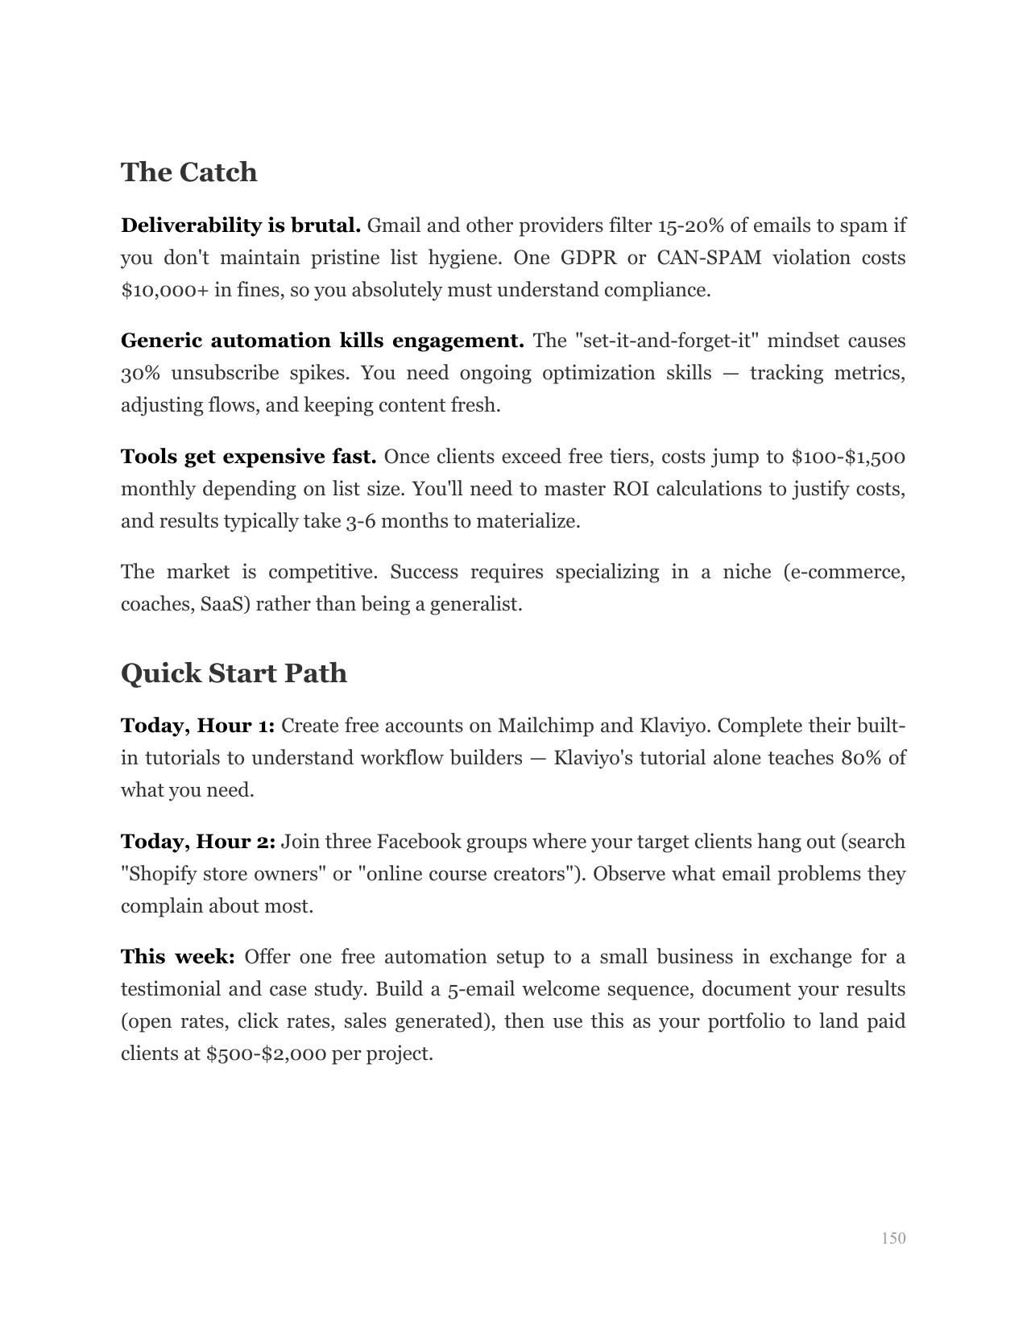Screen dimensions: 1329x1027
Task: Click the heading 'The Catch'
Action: (188, 172)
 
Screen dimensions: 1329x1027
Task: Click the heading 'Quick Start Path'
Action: (234, 673)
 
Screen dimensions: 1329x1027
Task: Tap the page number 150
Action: (893, 1238)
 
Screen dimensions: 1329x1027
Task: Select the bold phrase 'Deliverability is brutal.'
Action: (240, 226)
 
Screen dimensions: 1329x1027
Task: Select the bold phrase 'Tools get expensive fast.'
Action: (248, 457)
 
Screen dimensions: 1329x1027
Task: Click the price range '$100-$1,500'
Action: (848, 457)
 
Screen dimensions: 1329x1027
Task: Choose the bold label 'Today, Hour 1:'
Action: (197, 726)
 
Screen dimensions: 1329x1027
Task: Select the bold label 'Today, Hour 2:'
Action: (197, 842)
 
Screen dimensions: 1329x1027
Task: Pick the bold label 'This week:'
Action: (177, 957)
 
